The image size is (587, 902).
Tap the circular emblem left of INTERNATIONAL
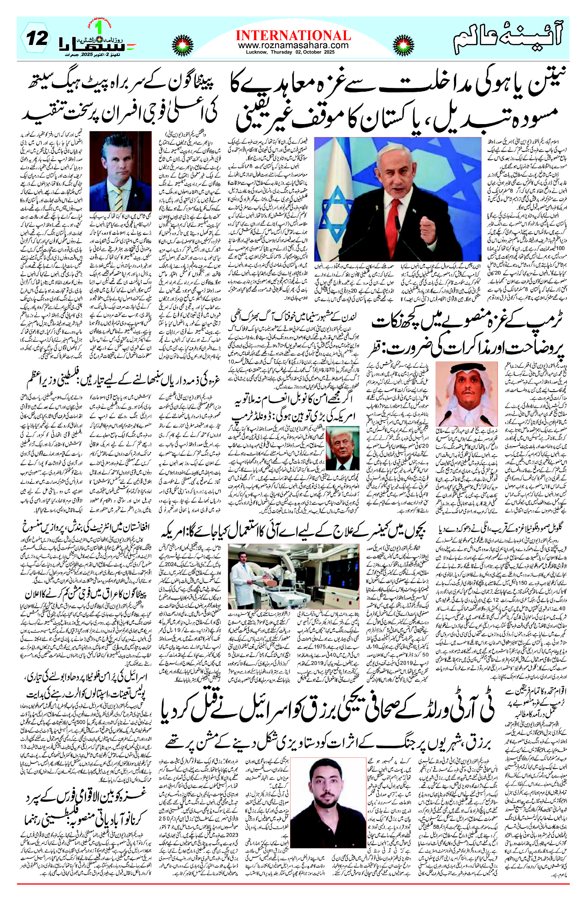(x=183, y=42)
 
